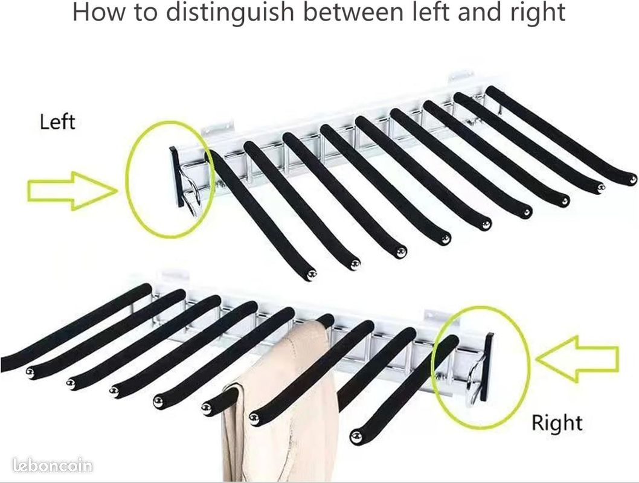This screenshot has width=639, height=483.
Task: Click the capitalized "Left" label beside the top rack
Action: coord(57,121)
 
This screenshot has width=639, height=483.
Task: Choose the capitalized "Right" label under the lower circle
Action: coord(556,423)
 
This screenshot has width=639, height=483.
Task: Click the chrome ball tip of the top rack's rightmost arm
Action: coord(632,178)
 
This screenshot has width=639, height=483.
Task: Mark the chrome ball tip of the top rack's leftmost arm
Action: coord(312,275)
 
